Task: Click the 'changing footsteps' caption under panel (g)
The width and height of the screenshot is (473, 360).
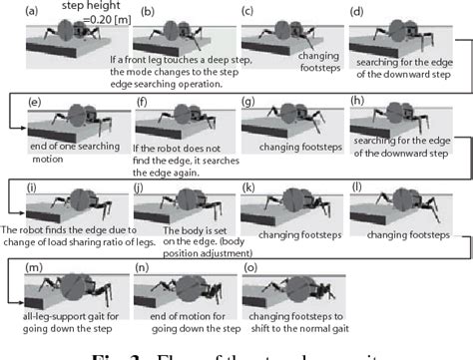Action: [296, 144]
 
